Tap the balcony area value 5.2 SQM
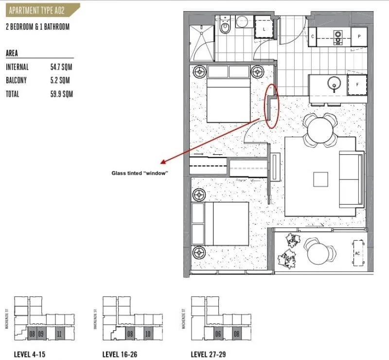pos(60,80)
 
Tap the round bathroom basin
pos(242,22)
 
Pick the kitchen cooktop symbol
pos(337,36)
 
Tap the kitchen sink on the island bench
pos(334,83)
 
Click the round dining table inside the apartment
pos(320,129)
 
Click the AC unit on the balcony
pos(357,253)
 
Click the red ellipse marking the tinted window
pos(272,106)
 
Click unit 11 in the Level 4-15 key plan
pos(59,334)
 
